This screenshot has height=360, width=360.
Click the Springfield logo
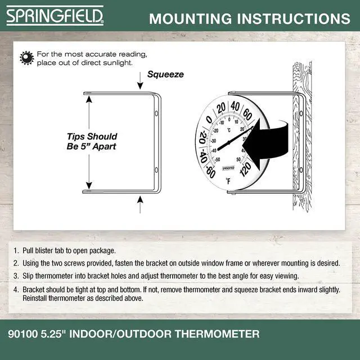(55, 16)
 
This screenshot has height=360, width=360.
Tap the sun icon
(26, 58)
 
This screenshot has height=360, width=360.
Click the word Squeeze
(165, 74)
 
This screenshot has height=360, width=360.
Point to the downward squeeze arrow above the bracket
(140, 80)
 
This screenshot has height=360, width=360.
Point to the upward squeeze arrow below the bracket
(140, 204)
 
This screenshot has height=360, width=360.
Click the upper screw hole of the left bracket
(156, 113)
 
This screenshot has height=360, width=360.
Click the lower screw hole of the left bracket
(156, 170)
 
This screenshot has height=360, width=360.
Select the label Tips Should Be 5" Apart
(92, 141)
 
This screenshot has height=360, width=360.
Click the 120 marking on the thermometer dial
(246, 169)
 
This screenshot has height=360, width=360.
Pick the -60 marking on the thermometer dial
(210, 172)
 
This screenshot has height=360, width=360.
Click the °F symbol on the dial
(228, 181)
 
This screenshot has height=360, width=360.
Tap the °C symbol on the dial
(229, 130)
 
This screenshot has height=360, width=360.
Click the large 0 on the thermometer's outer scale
(209, 119)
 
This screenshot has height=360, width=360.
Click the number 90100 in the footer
(22, 334)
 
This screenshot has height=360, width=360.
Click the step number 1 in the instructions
(15, 250)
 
